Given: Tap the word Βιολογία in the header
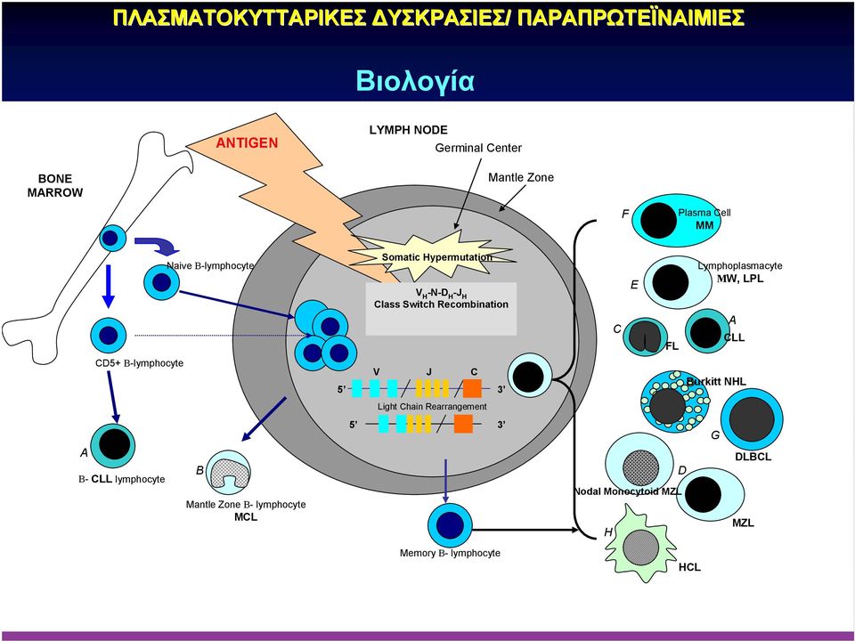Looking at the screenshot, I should (x=415, y=80).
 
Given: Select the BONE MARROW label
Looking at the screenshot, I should (x=55, y=185).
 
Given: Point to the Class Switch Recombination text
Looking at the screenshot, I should (x=441, y=304).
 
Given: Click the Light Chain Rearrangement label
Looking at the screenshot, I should (x=432, y=407).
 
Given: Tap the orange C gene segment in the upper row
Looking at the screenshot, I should (x=472, y=388).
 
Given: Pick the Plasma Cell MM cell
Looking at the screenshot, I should (x=659, y=220).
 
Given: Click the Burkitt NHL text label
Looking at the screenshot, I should (x=716, y=382).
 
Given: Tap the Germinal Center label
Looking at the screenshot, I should (x=478, y=148).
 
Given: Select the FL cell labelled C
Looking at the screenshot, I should (x=644, y=337).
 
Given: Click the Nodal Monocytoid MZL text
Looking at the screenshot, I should (x=628, y=491).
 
